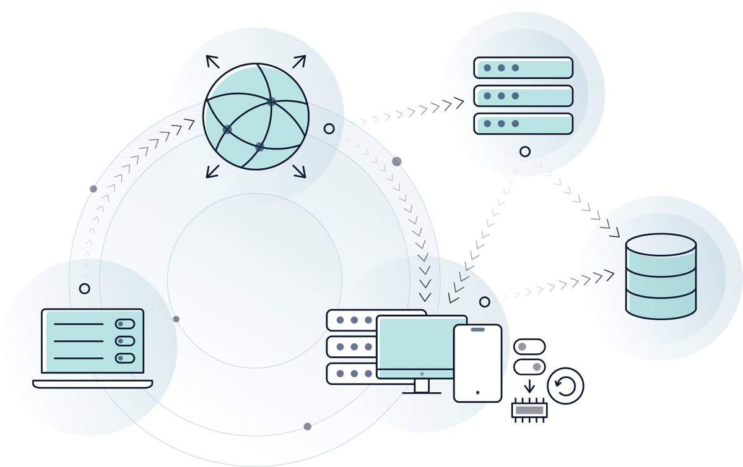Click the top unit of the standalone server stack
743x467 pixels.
523,67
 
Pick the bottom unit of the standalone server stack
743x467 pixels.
523,124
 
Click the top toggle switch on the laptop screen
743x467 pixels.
124,324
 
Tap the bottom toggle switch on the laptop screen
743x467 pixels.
124,358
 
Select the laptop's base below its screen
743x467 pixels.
92,384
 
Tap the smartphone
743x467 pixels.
477,363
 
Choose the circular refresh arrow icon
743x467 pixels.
565,386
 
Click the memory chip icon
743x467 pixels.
528,410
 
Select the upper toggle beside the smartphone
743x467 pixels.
529,346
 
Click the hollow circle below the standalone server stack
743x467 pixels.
525,151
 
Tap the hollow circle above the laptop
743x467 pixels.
84,289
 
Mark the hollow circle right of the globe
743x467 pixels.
329,129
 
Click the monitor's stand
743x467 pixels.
422,387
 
